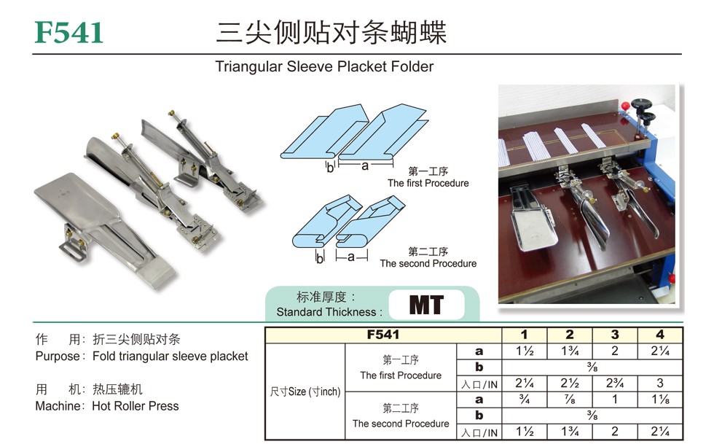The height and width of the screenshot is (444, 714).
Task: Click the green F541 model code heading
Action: click(x=68, y=32)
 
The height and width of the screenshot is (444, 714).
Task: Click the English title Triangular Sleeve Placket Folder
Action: click(x=324, y=66)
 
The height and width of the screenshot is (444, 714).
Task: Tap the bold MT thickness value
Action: click(x=426, y=305)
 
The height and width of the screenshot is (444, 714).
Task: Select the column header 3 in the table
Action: click(x=615, y=335)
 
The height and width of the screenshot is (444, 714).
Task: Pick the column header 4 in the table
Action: click(x=660, y=335)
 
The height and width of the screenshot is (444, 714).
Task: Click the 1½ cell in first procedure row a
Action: click(x=524, y=351)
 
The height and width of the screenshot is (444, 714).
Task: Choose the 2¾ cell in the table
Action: click(x=615, y=383)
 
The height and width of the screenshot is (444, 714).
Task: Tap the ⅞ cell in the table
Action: click(x=570, y=400)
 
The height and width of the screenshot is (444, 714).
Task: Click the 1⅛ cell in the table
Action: click(x=660, y=400)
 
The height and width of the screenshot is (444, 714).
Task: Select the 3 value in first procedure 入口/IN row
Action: click(x=660, y=383)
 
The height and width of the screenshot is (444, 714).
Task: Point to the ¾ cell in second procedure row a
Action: click(x=524, y=400)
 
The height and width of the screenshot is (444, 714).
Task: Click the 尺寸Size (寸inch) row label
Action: click(x=305, y=392)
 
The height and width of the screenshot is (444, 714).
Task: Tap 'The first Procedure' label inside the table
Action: click(x=401, y=375)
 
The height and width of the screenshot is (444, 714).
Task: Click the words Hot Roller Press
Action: click(x=136, y=405)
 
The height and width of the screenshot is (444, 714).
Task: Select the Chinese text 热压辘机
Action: click(x=117, y=389)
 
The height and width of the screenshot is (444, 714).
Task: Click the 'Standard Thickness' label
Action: click(x=326, y=312)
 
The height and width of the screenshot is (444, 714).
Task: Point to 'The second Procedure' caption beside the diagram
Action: click(x=428, y=263)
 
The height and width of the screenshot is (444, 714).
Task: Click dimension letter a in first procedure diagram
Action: click(x=365, y=166)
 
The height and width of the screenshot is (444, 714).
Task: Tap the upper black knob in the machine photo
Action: click(x=640, y=104)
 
